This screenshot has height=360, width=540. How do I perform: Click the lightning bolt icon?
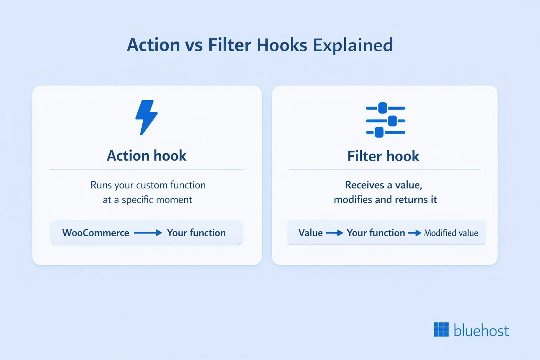pos(146,117)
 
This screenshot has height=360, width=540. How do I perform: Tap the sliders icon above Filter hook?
pos(385,120)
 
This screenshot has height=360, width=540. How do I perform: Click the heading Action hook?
pos(147,156)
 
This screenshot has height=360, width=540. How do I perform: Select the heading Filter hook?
pos(383,156)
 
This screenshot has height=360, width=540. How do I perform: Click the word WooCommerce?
pos(96,233)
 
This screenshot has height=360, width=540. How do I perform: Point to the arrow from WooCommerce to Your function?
pos(148,233)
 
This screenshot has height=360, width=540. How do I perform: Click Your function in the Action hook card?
pos(196,233)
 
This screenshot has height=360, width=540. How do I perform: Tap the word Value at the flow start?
pos(310,233)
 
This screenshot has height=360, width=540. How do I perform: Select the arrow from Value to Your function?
pos(334,233)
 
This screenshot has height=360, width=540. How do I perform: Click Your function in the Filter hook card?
pos(375,233)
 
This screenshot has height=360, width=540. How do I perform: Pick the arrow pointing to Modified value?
pos(414,233)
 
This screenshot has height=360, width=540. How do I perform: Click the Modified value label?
pos(451,233)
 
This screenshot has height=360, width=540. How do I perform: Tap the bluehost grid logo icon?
pos(441,330)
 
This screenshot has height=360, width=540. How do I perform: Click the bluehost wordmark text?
pos(481,330)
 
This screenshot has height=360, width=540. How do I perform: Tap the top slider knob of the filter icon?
pos(382,108)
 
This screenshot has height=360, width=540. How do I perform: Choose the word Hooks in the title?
pos(282,45)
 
